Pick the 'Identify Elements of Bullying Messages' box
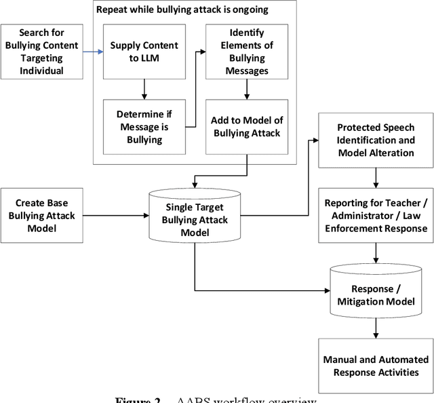click(246, 52)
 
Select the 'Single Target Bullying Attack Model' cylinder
click(194, 215)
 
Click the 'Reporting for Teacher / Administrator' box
click(376, 215)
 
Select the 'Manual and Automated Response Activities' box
click(376, 365)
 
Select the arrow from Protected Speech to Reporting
click(376, 177)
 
